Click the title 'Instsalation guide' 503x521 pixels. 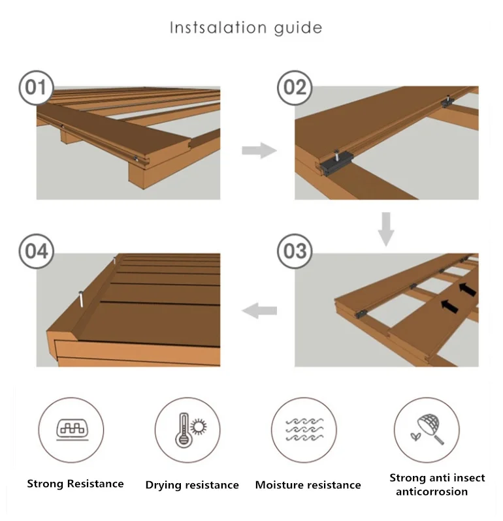click(246, 27)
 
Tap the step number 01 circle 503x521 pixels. click(36, 87)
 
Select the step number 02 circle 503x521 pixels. click(295, 87)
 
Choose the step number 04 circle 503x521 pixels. click(36, 252)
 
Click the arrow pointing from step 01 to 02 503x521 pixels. click(259, 151)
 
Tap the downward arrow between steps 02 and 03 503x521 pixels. click(386, 229)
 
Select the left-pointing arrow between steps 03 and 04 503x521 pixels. click(259, 311)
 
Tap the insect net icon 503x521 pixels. click(427, 429)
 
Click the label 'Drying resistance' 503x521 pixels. click(192, 485)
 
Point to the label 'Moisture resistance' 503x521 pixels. click(308, 485)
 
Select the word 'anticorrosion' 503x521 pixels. click(432, 492)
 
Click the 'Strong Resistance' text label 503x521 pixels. click(75, 484)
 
